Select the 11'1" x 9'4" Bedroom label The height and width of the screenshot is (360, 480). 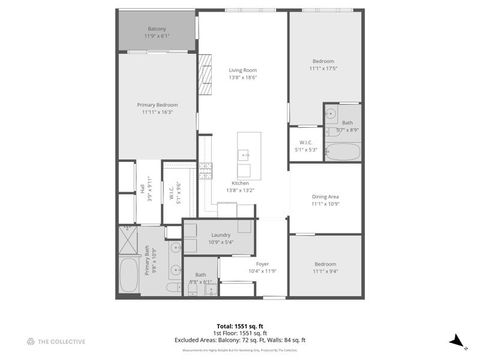click(x=326, y=268)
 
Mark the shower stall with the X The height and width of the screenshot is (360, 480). click(x=126, y=238)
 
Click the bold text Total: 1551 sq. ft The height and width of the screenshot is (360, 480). click(x=240, y=326)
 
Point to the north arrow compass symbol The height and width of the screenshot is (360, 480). click(x=456, y=342)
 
